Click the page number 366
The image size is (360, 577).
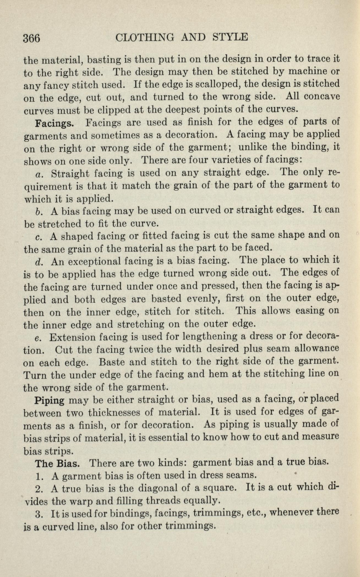32,38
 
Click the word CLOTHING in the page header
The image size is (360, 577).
145,37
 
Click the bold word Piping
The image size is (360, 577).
50,400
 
